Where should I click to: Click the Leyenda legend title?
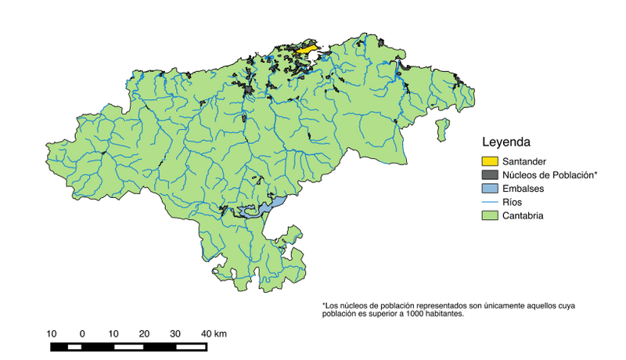[506, 143]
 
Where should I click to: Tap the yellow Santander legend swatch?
[489, 161]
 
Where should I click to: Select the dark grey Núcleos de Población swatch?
[489, 175]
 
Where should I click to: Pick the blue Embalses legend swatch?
[489, 189]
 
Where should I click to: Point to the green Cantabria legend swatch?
[489, 215]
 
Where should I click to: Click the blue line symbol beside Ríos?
[489, 202]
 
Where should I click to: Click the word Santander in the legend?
[527, 161]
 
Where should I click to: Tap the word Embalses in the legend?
[523, 189]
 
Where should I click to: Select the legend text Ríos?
[513, 202]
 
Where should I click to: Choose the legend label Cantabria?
[523, 215]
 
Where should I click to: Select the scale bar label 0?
[82, 333]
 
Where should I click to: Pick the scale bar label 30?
[174, 333]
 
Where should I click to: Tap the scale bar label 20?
[144, 333]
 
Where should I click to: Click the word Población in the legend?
[575, 175]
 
